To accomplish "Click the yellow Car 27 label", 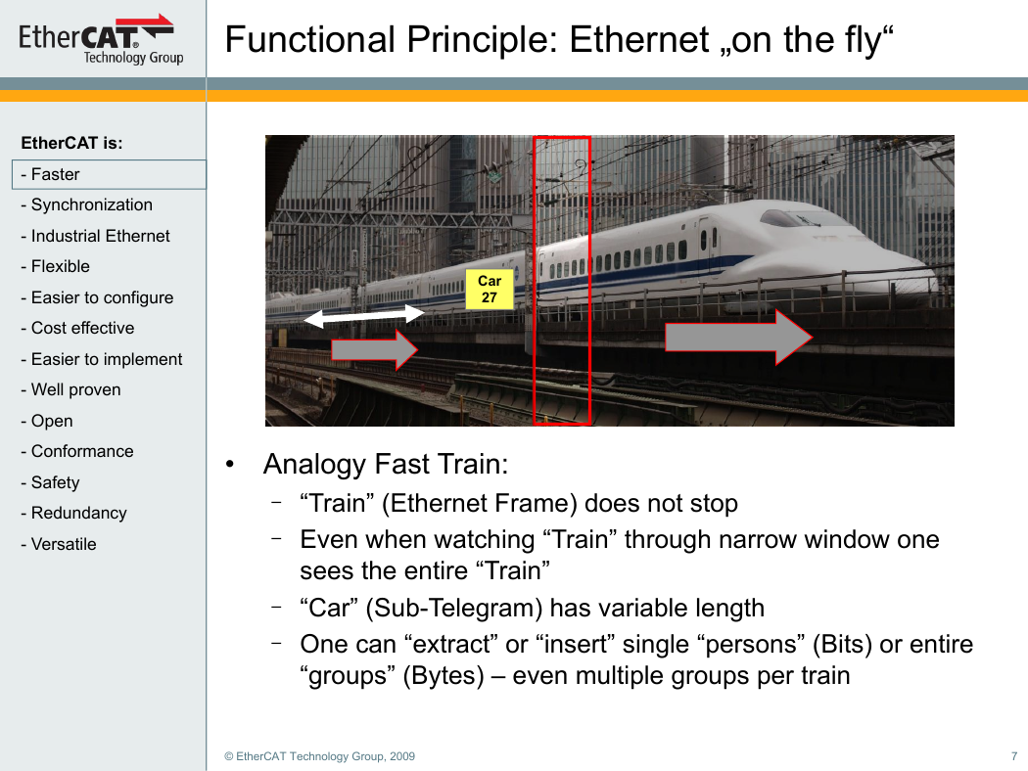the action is point(490,289).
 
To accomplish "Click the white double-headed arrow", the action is point(364,316).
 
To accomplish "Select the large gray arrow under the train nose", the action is point(739,338).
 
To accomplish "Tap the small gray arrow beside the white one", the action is point(374,350).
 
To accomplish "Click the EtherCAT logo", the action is point(100,39).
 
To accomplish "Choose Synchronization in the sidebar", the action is point(86,205).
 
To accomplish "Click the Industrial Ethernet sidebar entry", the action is point(95,236).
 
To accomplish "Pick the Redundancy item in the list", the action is point(73,513).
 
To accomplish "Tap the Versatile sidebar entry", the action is point(59,544).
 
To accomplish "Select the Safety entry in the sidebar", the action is point(51,482).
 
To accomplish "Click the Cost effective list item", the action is point(77,328).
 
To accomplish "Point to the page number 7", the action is point(1014,756).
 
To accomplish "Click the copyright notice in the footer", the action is point(319,756).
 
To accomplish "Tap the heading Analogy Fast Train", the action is point(386,464).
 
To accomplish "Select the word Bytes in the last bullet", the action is point(444,675).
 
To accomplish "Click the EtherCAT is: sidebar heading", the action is point(72,143).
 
